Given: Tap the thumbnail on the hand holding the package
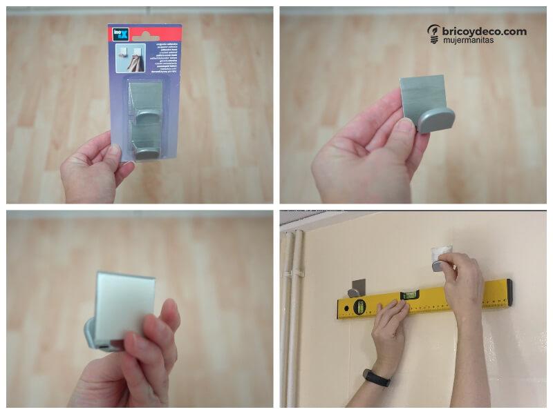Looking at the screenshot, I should [x=113, y=149].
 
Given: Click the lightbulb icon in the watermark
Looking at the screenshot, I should [x=433, y=33].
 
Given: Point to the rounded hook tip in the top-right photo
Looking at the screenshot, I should [x=435, y=120].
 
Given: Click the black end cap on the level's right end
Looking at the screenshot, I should [x=509, y=292].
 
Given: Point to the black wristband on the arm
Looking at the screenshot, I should [x=377, y=378].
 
